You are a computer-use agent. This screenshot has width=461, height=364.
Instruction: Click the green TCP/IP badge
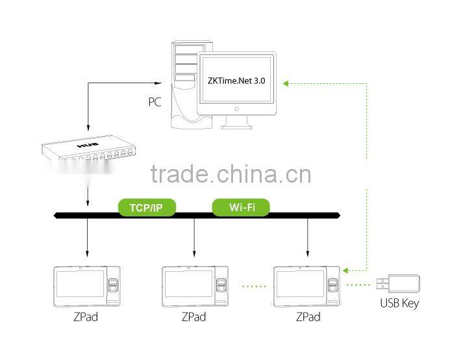(x=147, y=207)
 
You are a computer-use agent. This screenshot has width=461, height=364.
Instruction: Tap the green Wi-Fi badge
(x=241, y=207)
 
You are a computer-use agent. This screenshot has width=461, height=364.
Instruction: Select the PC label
(x=154, y=102)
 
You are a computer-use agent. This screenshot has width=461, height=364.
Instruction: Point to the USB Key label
(x=399, y=304)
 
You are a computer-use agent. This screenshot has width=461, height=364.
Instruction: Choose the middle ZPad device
(x=195, y=285)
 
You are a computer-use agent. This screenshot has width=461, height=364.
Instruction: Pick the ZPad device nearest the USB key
(x=308, y=285)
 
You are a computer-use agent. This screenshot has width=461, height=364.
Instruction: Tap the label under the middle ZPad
(x=193, y=317)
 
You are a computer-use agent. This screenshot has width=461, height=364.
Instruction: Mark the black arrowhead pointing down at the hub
(x=86, y=129)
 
